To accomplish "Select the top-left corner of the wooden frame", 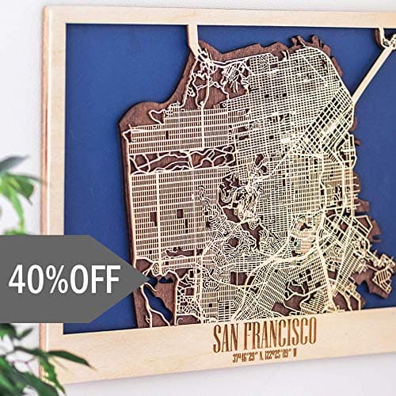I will (48, 10).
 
